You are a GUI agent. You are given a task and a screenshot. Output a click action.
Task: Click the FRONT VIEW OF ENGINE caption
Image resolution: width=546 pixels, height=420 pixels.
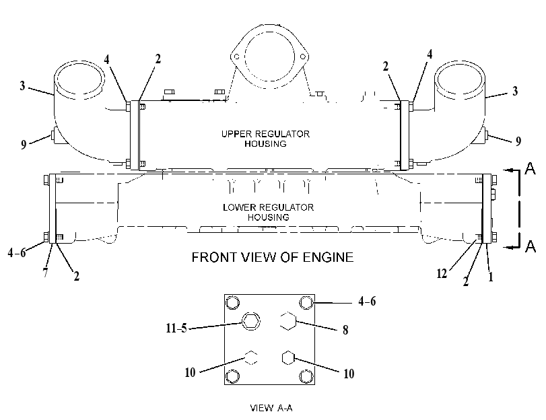point(273,257)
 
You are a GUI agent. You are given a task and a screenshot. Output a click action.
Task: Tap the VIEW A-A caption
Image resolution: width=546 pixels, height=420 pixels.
point(271,408)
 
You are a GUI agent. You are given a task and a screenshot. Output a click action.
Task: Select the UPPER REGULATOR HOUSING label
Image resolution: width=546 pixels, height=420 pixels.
point(265,139)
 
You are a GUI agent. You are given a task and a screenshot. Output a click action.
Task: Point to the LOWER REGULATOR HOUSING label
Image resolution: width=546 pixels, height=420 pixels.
point(268,212)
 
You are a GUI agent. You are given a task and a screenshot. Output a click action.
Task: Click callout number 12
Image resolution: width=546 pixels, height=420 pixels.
point(442,274)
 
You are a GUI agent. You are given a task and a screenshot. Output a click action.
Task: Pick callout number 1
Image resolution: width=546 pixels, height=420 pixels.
point(491,277)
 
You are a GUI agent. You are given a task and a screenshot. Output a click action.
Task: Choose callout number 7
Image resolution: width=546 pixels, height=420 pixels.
point(45,273)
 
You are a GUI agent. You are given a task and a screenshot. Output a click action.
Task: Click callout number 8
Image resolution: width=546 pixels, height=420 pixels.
point(345,329)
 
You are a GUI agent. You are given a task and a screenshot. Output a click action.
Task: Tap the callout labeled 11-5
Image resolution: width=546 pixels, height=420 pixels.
point(176,328)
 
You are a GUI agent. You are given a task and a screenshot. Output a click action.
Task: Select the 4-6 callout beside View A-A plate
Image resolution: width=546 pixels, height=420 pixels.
point(367,301)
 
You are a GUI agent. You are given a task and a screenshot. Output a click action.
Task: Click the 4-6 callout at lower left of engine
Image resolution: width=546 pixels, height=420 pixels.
point(17,252)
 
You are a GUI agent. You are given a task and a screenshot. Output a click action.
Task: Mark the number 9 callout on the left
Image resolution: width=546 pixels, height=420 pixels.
point(24,144)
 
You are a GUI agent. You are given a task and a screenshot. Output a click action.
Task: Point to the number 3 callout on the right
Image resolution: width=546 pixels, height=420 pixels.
point(515,92)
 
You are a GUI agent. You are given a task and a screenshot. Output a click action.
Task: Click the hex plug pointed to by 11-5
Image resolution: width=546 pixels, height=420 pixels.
point(250,321)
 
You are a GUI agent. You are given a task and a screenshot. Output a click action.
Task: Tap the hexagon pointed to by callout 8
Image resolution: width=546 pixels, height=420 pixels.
point(288,321)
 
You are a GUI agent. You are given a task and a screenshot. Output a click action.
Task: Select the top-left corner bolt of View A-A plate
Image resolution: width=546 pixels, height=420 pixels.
point(233,302)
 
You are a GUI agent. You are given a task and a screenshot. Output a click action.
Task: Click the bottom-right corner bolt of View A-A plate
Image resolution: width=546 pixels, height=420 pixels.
point(306,376)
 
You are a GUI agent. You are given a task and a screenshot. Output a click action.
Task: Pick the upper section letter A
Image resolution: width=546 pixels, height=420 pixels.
point(530,168)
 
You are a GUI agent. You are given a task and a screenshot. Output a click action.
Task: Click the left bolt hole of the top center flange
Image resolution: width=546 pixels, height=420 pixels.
point(236,57)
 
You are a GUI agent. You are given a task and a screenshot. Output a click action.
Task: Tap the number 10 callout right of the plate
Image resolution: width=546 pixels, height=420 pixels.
point(349,374)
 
